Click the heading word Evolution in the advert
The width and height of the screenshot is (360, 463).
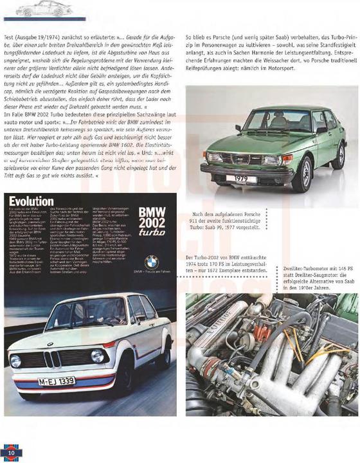pyautogui.click(x=32, y=199)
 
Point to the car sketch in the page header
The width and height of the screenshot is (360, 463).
pyautogui.click(x=39, y=8)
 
